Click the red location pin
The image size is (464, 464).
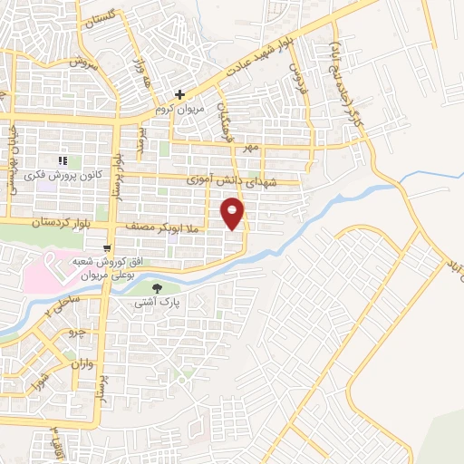pyautogui.click(x=234, y=214)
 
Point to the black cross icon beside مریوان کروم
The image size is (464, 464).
pyautogui.click(x=180, y=93)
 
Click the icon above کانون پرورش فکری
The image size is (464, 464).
pyautogui.click(x=63, y=159)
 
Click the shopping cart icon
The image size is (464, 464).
pyautogui.click(x=108, y=247)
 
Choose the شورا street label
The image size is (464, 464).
pyautogui.click(x=37, y=382)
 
